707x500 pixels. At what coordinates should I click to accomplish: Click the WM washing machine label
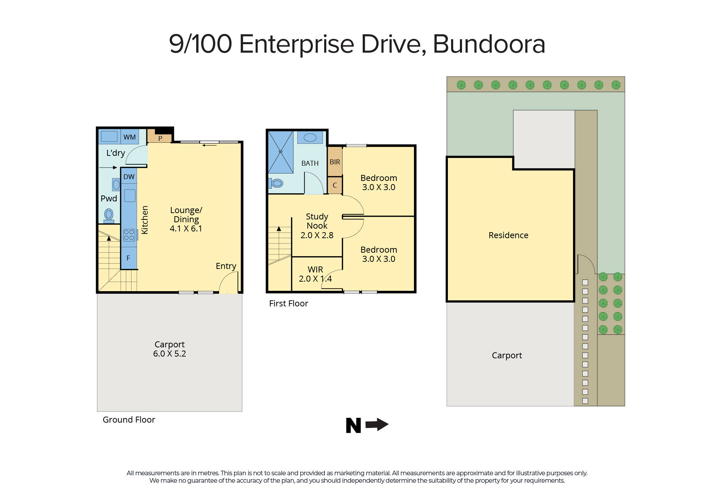pyautogui.click(x=129, y=137)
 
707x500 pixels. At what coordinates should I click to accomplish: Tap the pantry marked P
pyautogui.click(x=160, y=138)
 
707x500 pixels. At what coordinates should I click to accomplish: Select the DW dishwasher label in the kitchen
pyautogui.click(x=129, y=177)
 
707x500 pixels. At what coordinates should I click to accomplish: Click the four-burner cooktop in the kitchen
pyautogui.click(x=129, y=235)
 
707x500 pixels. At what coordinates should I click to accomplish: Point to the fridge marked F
pyautogui.click(x=128, y=258)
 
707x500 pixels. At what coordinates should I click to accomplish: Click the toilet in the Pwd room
pyautogui.click(x=109, y=215)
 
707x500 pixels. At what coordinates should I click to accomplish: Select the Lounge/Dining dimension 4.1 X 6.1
pyautogui.click(x=186, y=229)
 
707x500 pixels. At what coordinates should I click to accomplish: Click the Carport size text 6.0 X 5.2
pyautogui.click(x=169, y=354)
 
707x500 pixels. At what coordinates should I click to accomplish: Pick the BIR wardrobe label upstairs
pyautogui.click(x=335, y=162)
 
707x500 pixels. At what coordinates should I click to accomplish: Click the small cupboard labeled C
pyautogui.click(x=335, y=185)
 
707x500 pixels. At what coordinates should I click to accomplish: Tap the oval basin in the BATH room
pyautogui.click(x=310, y=137)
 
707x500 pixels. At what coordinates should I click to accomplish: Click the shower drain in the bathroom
pyautogui.click(x=281, y=152)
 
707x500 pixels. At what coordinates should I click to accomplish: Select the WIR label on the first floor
pyautogui.click(x=315, y=269)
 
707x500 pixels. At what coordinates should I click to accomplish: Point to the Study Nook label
pyautogui.click(x=317, y=221)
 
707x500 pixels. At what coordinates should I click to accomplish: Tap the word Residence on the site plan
pyautogui.click(x=508, y=235)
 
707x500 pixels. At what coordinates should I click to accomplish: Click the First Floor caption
pyautogui.click(x=288, y=304)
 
